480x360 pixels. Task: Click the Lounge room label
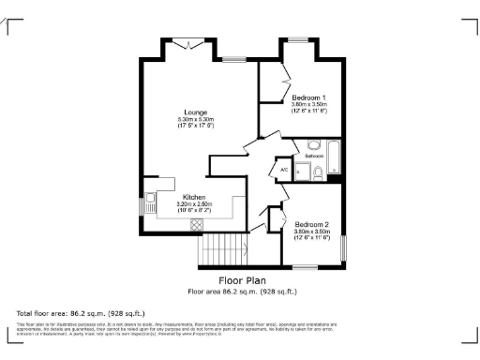pyautogui.click(x=196, y=112)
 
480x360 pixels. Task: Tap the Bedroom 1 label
pyautogui.click(x=308, y=98)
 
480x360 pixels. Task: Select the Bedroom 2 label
pyautogui.click(x=311, y=224)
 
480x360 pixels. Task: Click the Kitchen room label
pyautogui.click(x=194, y=197)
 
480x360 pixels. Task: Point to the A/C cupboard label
pyautogui.click(x=282, y=170)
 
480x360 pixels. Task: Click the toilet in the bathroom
pyautogui.click(x=318, y=172)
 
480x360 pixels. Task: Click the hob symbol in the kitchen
pyautogui.click(x=195, y=223)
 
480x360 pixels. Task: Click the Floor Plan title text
pyautogui.click(x=244, y=280)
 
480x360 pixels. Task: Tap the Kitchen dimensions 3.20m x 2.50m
pyautogui.click(x=194, y=204)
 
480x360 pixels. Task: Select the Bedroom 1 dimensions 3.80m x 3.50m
pyautogui.click(x=308, y=106)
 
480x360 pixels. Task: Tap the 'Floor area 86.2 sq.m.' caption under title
pyautogui.click(x=244, y=292)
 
